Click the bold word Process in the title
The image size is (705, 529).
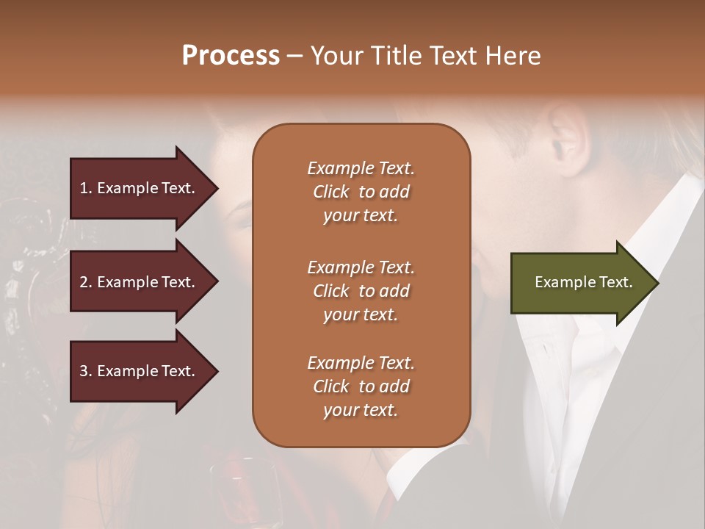point(231,56)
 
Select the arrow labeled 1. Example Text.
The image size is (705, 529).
point(140,188)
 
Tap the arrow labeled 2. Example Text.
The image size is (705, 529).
point(140,282)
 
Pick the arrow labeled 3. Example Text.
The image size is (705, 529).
point(140,371)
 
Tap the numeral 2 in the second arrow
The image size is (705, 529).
point(84,282)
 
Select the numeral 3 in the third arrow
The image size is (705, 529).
point(84,371)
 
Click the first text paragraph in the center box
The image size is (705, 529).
point(361,192)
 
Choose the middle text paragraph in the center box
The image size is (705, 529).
point(361,291)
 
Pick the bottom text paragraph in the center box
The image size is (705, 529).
point(361,386)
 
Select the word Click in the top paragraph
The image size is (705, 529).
point(331,192)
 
